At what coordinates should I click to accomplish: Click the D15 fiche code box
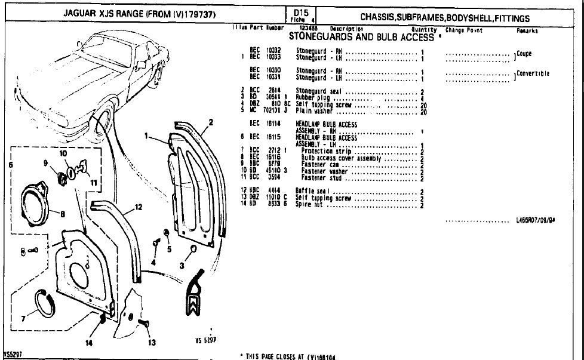[299, 14]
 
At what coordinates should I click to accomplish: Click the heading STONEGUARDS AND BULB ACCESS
[361, 37]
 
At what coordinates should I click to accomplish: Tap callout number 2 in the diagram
[210, 124]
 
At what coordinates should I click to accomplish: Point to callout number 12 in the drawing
[138, 207]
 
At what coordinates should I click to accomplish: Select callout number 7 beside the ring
[24, 318]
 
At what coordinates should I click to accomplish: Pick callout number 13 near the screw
[152, 343]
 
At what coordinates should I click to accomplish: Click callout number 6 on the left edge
[10, 164]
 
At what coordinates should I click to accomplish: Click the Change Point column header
[464, 30]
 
